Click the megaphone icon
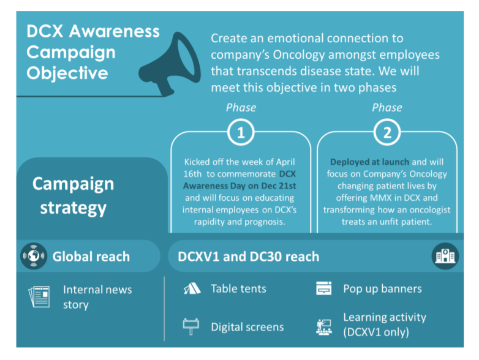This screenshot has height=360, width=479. [170, 64]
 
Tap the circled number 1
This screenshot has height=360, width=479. [241, 132]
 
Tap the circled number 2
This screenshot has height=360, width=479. [387, 132]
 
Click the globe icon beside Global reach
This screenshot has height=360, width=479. [34, 256]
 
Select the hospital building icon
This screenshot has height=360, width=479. [445, 256]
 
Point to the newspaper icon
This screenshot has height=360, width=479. [39, 296]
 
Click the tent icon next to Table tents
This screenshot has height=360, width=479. [192, 288]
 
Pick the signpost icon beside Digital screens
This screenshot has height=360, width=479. [191, 326]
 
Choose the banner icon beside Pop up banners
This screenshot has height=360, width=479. [324, 288]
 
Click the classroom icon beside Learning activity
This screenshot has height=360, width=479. [324, 327]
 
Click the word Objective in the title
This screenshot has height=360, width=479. [67, 73]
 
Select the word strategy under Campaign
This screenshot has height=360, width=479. [74, 208]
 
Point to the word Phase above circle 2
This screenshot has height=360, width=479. [387, 108]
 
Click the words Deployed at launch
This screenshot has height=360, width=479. [369, 162]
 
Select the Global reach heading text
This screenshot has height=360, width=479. [91, 257]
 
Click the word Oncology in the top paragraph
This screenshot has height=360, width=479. [299, 55]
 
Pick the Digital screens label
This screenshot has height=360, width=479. [247, 327]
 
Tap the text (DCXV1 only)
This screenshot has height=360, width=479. [376, 332]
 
